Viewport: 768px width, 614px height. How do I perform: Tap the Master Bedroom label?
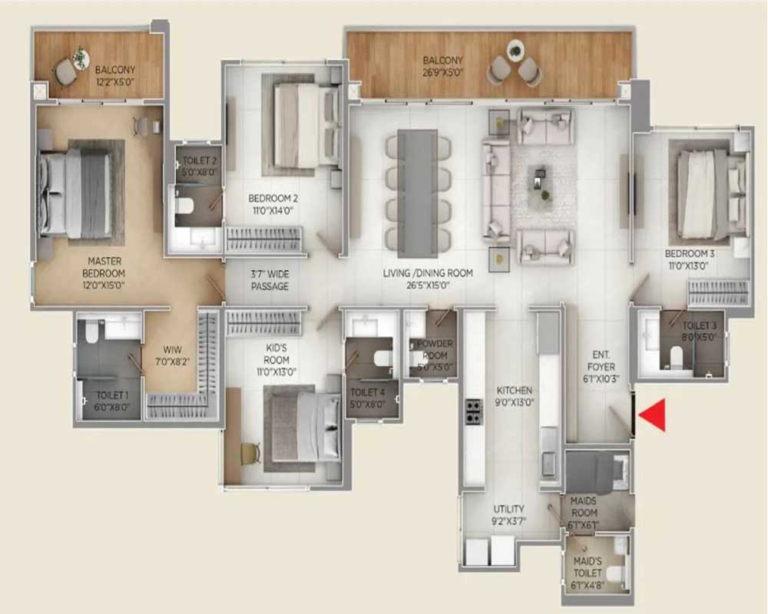click(x=104, y=273)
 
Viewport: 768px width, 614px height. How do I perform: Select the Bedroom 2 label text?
click(x=273, y=205)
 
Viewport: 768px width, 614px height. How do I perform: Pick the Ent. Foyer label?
click(x=601, y=366)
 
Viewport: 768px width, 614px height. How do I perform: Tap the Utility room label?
click(x=508, y=515)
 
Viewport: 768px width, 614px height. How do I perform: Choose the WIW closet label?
click(x=172, y=356)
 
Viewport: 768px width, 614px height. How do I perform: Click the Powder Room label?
click(x=434, y=355)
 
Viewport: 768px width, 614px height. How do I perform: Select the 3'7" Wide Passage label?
click(x=270, y=281)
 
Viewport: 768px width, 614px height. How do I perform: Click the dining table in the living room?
click(x=417, y=193)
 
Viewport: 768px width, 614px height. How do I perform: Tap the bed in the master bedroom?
click(x=80, y=194)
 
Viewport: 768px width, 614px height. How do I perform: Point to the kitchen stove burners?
click(x=473, y=412)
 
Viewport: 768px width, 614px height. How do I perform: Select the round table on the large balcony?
click(x=515, y=51)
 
